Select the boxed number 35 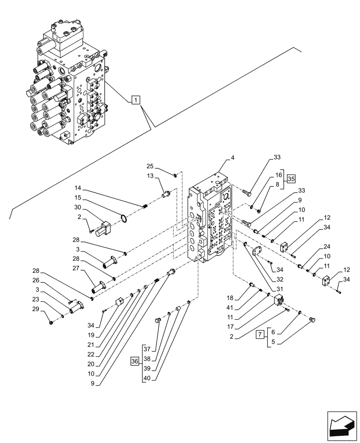point(291,179)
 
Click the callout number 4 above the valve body point(233,157)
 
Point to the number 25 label point(150,166)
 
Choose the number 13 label point(150,176)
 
